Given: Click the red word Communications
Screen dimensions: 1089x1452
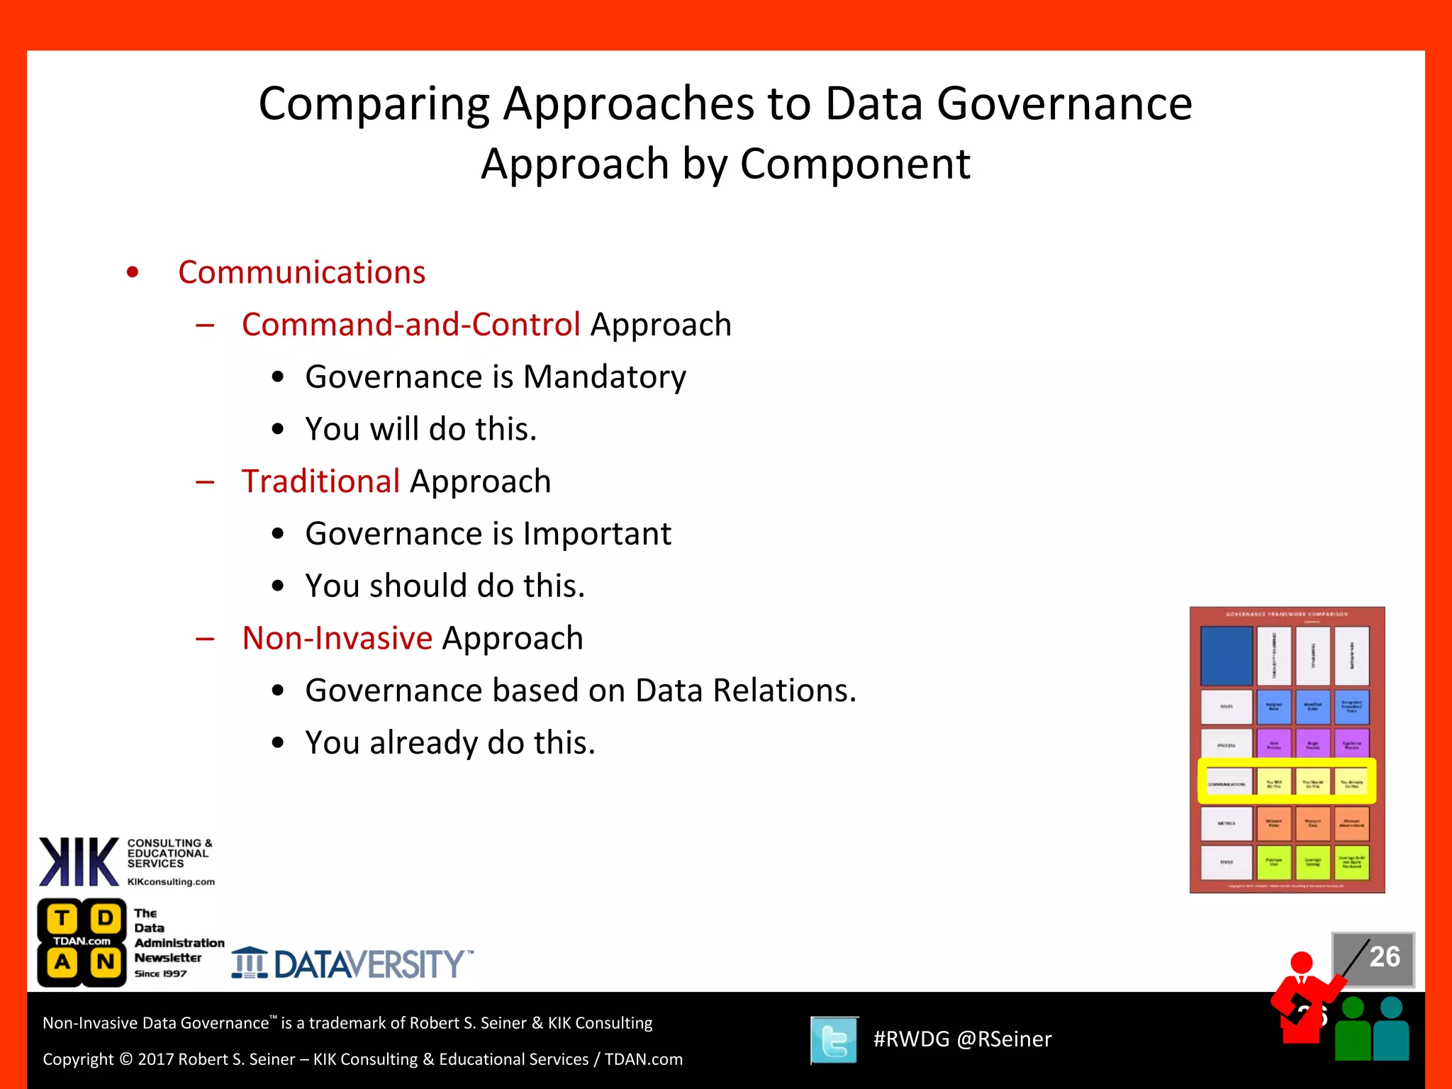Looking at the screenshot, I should (x=301, y=272).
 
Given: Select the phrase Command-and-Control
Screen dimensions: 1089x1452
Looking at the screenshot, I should (x=411, y=325).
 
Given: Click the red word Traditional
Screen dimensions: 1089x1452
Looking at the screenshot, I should (x=320, y=481).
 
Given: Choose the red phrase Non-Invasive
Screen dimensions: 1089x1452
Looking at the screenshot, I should (x=337, y=638).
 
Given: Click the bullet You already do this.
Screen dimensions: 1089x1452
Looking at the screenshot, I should (x=449, y=743).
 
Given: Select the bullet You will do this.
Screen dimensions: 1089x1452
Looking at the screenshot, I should (x=420, y=429).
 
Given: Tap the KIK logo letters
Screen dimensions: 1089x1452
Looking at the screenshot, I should (x=79, y=862).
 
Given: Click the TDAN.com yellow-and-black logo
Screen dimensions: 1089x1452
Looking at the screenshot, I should (x=82, y=942).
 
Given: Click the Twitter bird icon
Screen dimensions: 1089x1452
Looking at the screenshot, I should (x=834, y=1040).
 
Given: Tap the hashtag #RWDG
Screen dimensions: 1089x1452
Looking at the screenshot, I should (x=911, y=1039).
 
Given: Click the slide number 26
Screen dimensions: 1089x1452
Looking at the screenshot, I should (x=1384, y=957).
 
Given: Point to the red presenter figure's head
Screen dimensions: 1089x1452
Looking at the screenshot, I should (x=1301, y=963).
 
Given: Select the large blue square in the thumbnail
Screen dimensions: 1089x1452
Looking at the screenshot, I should (x=1226, y=655).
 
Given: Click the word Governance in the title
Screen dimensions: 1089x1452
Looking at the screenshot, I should (x=1064, y=104).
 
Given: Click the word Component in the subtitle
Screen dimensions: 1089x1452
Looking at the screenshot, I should (x=854, y=164).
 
